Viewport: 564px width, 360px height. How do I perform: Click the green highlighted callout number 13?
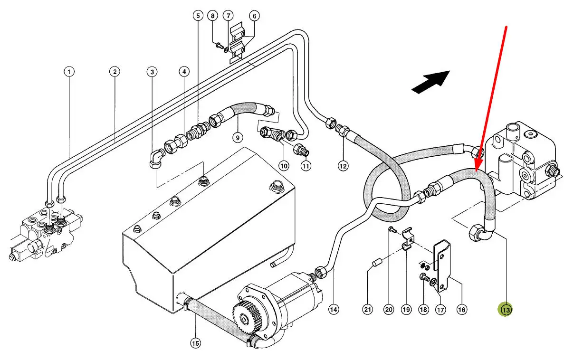tap(506, 309)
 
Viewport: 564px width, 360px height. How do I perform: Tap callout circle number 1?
tap(69, 72)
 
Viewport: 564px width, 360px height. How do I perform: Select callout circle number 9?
tap(238, 137)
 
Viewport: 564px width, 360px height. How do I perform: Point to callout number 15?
tap(195, 343)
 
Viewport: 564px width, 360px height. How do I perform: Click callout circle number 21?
tap(367, 309)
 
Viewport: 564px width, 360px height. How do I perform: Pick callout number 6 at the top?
tap(254, 16)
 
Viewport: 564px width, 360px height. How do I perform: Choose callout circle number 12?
tap(343, 166)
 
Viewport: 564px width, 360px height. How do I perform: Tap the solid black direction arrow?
tap(430, 82)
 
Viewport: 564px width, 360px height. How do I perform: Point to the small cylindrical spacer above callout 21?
tap(376, 264)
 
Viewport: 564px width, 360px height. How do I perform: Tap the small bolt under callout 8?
tap(219, 45)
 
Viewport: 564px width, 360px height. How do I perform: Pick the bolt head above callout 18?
tap(424, 278)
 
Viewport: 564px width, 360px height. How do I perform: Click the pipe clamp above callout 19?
tap(407, 238)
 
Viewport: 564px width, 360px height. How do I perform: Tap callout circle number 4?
tap(184, 72)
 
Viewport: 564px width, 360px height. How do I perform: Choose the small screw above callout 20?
tap(392, 230)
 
